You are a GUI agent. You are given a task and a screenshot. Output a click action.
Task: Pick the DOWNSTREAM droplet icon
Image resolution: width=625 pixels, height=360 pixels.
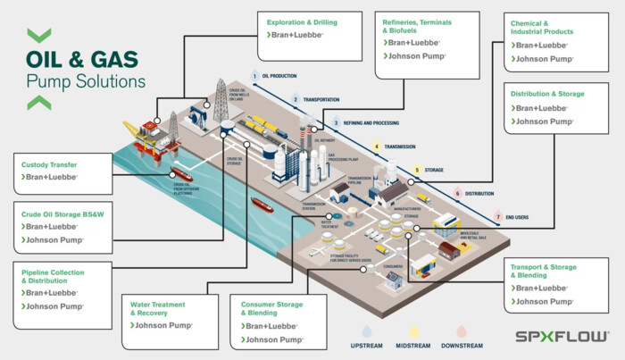point(462,331)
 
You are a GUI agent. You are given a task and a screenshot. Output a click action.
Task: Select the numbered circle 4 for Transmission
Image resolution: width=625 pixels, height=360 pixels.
point(377,146)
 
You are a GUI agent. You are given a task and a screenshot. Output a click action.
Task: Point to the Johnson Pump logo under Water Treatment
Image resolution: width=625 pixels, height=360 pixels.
point(162,326)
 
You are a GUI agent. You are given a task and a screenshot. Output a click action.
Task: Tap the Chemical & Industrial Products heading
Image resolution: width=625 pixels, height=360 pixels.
point(541,27)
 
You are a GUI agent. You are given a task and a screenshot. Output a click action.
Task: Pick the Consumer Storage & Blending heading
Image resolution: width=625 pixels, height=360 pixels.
point(271,308)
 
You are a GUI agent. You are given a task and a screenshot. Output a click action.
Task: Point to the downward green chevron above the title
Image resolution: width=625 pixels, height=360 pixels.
point(38,36)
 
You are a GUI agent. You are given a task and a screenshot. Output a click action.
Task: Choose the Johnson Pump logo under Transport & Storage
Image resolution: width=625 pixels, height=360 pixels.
point(543,303)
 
